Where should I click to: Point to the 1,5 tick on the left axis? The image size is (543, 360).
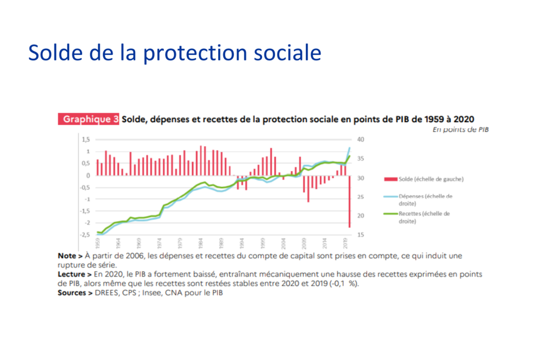[x=85, y=140]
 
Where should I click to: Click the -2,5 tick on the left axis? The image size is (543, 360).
[x=84, y=235]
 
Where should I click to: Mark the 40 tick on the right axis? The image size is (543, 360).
[x=361, y=140]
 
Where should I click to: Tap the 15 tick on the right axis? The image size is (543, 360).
[x=361, y=235]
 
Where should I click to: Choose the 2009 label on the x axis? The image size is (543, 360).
[x=305, y=243]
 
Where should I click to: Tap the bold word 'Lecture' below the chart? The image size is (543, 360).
[x=71, y=275]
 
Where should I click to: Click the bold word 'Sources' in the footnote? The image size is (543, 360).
[x=73, y=293]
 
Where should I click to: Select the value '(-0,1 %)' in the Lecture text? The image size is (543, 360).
[x=340, y=284]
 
